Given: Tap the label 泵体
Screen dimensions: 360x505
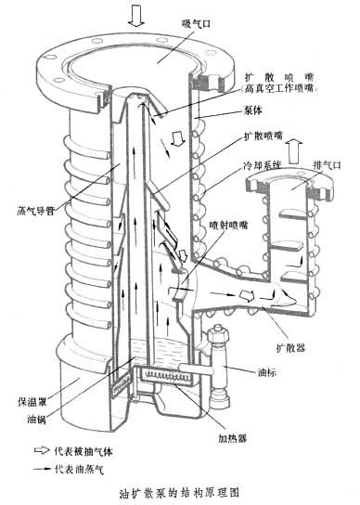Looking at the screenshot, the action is (252, 110).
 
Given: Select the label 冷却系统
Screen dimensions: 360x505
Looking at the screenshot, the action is (262, 166).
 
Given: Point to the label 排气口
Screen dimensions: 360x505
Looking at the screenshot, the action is (327, 165).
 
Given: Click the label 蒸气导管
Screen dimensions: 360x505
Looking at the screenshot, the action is (35, 211).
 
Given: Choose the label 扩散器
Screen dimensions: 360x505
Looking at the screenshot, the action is (290, 347).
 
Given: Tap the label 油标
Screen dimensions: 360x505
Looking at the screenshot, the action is (267, 372).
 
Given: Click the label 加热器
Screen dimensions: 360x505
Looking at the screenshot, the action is (233, 438).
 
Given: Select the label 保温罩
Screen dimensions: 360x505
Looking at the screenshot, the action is (32, 402).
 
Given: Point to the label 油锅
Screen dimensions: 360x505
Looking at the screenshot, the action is (36, 420).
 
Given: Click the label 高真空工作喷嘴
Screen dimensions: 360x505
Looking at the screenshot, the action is (278, 88).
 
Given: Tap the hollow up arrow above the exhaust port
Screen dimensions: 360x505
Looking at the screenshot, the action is (295, 150).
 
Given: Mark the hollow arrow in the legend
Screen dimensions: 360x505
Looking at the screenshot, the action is (42, 450).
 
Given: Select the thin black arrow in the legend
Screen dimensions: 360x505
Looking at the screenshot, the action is (44, 469).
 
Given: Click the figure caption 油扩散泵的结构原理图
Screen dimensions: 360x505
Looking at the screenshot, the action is (179, 493).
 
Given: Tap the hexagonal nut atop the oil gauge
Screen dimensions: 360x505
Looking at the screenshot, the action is (219, 336).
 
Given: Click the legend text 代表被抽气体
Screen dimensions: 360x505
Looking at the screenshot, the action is (84, 451).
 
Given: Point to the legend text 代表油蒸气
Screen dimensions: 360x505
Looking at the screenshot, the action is (79, 469).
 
